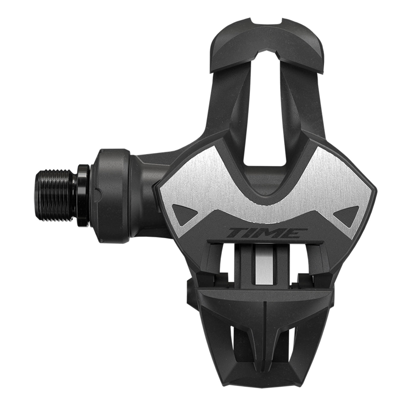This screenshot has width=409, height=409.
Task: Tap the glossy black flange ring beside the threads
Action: click(82, 189)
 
